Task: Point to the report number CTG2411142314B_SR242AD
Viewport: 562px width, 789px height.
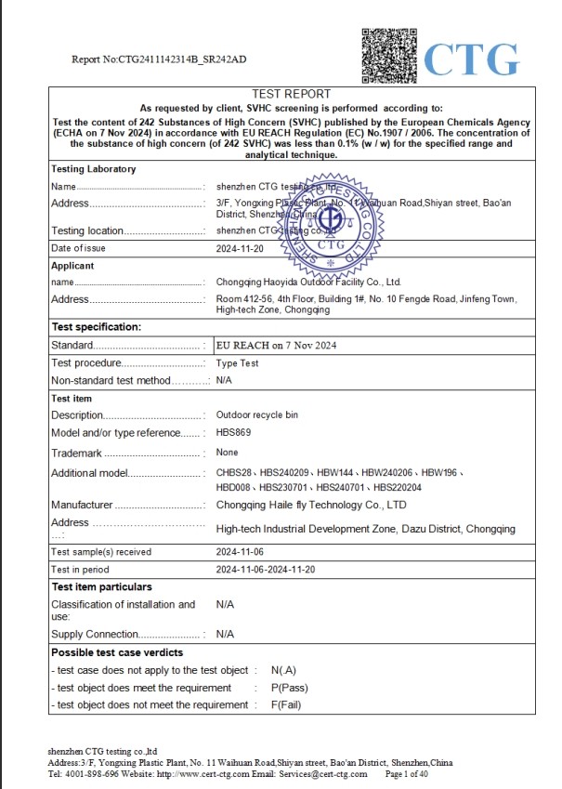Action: (159, 59)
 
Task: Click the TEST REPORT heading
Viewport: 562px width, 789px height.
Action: (291, 94)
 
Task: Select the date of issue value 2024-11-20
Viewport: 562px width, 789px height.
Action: (240, 248)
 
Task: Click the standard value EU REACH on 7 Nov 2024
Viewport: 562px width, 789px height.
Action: (276, 345)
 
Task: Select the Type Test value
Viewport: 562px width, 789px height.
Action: (237, 362)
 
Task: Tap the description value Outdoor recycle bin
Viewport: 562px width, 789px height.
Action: (258, 415)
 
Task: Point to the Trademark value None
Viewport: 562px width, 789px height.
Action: (228, 453)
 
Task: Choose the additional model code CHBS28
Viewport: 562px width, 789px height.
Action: (232, 473)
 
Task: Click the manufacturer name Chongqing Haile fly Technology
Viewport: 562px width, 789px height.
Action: (311, 505)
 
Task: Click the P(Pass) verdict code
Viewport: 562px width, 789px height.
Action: (289, 688)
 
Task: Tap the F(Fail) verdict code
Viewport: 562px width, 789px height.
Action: (286, 704)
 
